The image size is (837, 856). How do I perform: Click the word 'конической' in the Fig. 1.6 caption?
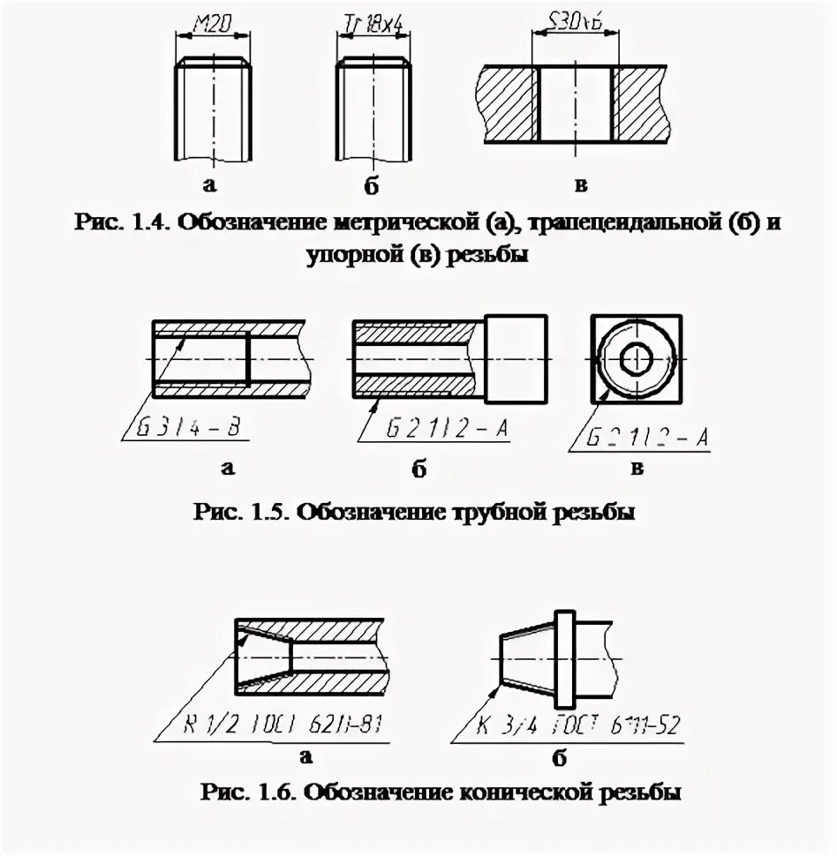coord(523,792)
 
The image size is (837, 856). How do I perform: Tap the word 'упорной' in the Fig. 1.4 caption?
coord(352,257)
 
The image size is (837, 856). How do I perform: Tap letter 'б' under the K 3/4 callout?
coord(558,758)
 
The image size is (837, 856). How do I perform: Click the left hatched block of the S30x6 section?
coord(506,103)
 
